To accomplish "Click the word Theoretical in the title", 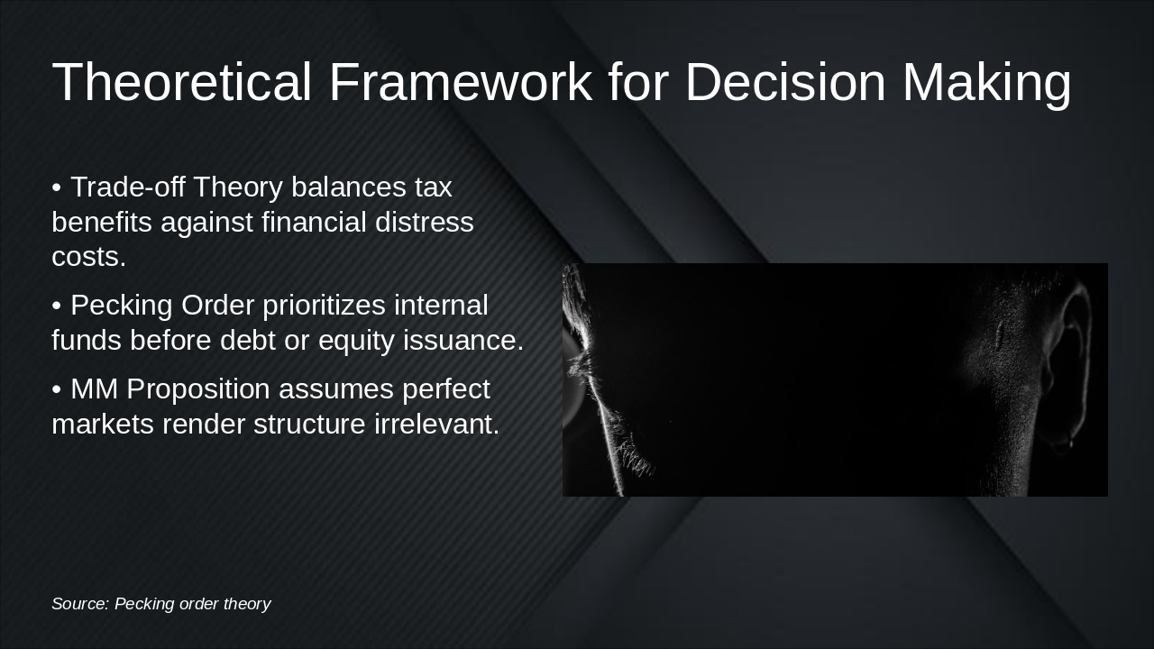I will [181, 82].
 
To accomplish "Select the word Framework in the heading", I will [460, 82].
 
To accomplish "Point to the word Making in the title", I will [986, 82].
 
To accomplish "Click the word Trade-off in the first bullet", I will [127, 187].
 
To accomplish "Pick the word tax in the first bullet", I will [433, 187].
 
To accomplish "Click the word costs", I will [88, 257].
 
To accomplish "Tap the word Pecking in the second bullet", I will [122, 306].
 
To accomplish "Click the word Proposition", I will [197, 389].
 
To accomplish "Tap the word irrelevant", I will [436, 424].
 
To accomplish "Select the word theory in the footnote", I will [246, 604].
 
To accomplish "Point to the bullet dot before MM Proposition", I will [57, 390].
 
